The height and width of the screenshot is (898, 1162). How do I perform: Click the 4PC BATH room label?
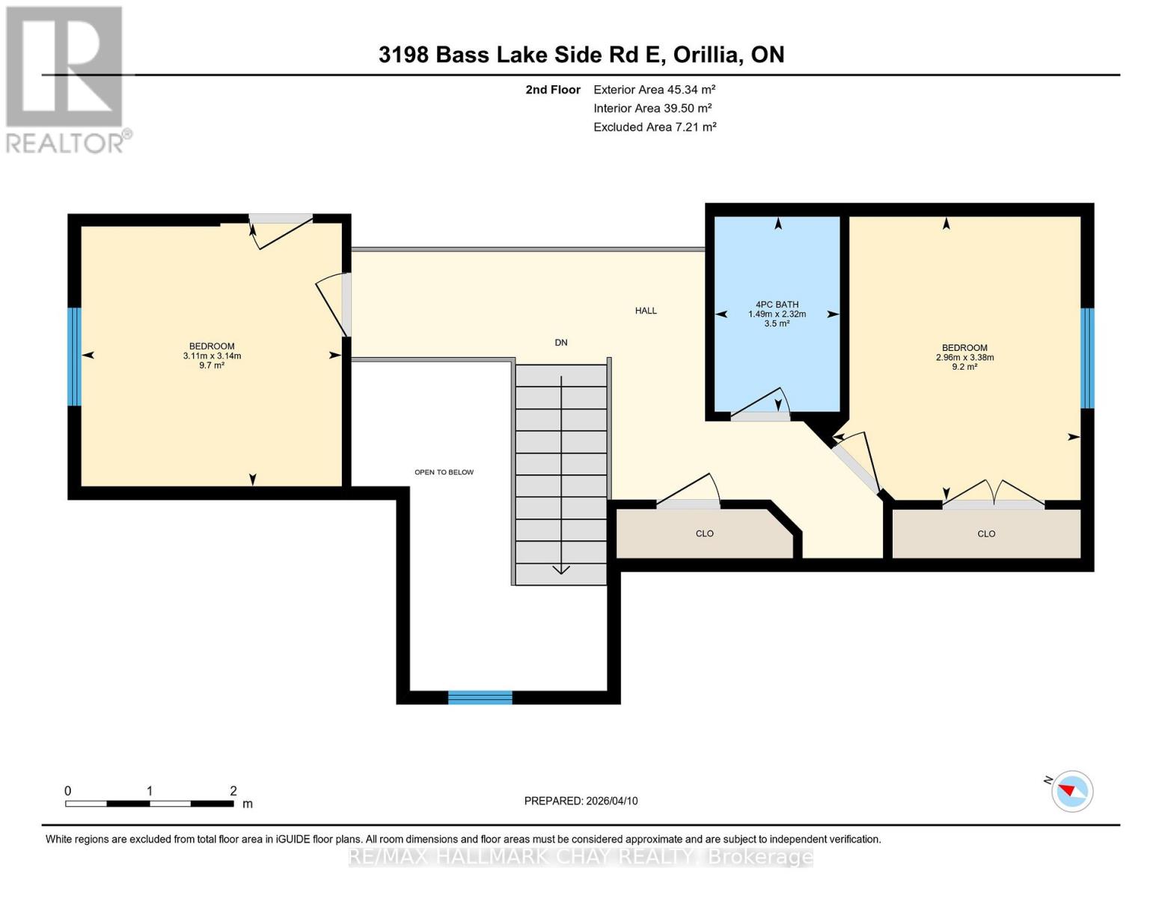point(777,305)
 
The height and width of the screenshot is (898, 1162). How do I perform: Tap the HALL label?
point(646,311)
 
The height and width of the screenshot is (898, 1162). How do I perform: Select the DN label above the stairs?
point(560,343)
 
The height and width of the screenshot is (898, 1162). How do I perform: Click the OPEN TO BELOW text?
point(444,472)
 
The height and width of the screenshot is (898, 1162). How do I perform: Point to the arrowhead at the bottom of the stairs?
point(561,570)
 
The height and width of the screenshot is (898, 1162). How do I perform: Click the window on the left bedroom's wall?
point(74,356)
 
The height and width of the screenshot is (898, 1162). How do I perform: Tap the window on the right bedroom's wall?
point(1087,358)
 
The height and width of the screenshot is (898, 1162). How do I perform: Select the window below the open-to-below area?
point(480,697)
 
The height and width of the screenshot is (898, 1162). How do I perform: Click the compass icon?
point(1071,791)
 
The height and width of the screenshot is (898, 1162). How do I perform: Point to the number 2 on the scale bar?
point(233,791)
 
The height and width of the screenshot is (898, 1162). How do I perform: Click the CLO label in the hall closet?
point(704,534)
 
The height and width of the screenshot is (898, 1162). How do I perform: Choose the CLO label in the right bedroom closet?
point(986,534)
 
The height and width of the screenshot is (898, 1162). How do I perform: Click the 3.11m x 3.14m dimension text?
point(212,356)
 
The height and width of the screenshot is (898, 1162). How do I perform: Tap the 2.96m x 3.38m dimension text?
point(964,358)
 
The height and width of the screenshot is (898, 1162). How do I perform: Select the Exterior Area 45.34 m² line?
point(654,89)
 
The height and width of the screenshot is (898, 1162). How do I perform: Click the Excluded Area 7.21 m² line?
point(654,127)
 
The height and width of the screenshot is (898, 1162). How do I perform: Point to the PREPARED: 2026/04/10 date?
point(581,801)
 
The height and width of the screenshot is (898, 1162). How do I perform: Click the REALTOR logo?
point(66,79)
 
